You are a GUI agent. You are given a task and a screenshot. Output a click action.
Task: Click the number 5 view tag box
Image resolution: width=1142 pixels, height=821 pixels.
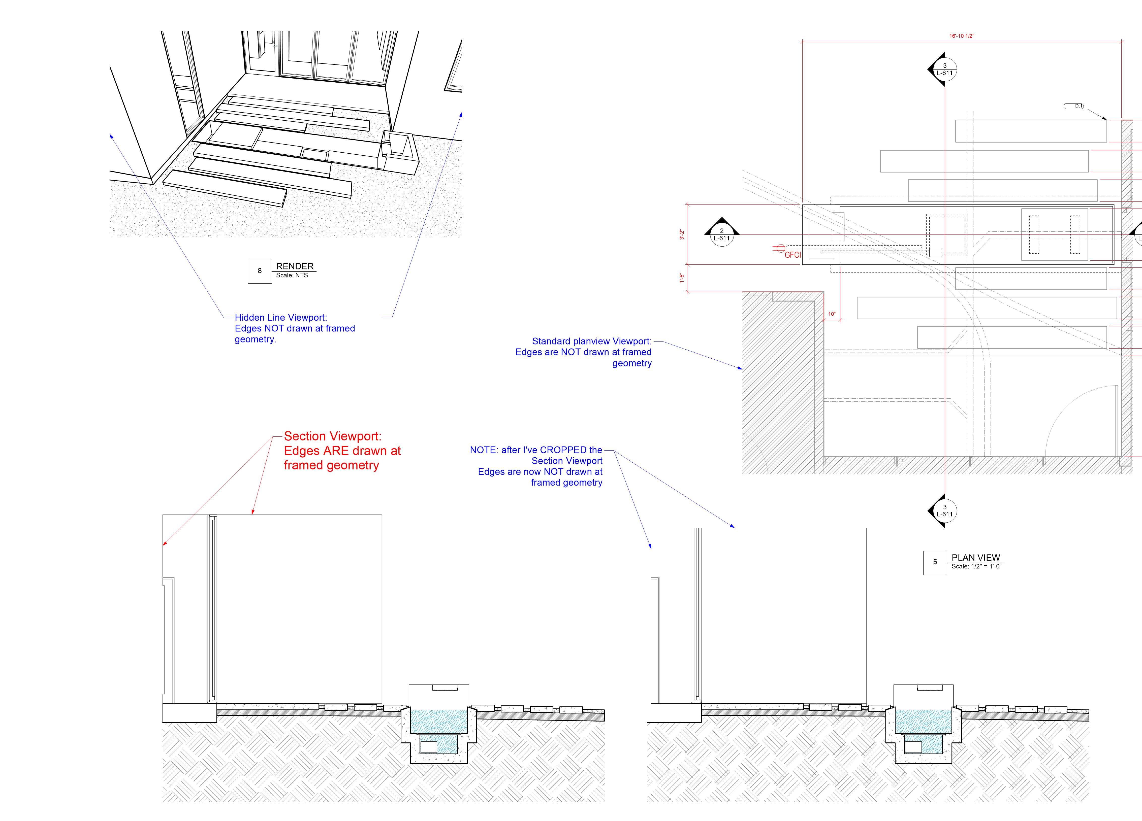coord(935,562)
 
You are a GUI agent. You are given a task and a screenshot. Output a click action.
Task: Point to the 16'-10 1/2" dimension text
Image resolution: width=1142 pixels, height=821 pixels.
coord(962,36)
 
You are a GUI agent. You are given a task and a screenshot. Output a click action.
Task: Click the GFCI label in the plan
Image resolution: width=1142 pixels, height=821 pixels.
coord(792,255)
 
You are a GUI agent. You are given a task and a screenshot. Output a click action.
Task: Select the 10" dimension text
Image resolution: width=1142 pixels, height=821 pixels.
coord(832,314)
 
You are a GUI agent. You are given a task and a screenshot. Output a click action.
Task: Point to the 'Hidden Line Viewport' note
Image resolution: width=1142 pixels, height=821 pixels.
coord(295,328)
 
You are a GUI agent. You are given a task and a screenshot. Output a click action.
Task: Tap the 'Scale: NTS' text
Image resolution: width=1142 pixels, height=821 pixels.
coord(292,275)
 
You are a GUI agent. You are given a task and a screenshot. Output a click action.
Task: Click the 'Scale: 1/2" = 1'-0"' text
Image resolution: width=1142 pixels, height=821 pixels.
coord(976,566)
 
